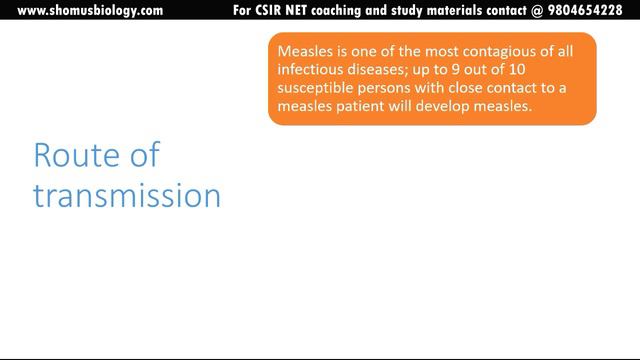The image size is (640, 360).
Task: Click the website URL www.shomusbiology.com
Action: tap(90, 11)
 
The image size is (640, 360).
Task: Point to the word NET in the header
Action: tap(305, 11)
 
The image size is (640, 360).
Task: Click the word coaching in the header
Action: tap(349, 11)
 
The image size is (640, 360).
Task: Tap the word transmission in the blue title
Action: tap(127, 195)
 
